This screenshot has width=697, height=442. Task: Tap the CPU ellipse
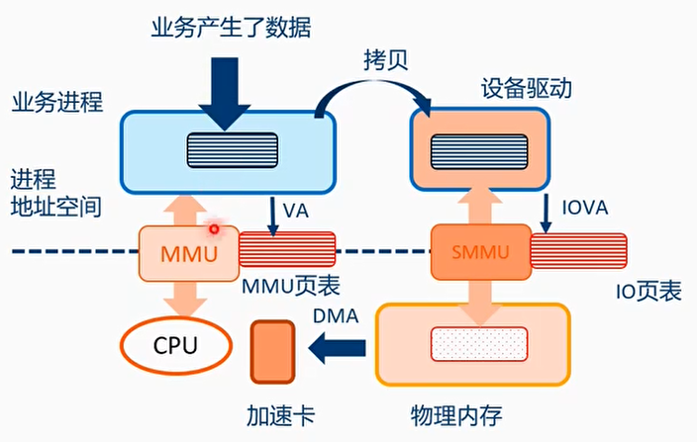point(175,347)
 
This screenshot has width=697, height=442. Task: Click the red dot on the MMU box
point(213,228)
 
